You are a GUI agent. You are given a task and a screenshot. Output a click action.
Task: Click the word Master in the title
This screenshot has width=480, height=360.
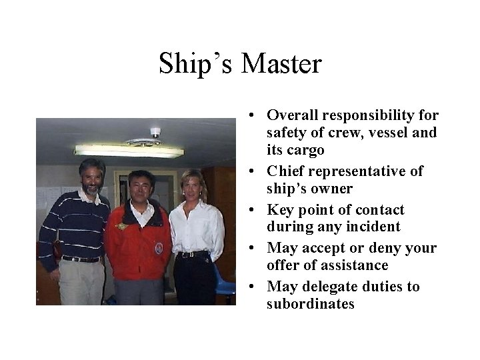coord(282,64)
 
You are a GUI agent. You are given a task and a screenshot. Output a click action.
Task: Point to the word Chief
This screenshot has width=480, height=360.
coord(287,171)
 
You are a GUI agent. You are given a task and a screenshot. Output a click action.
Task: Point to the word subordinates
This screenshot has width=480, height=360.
coord(311,304)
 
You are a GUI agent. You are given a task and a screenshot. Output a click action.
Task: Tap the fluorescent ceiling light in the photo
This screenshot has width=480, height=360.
coord(129,151)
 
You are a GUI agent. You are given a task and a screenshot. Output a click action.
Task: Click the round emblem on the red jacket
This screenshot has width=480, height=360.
coord(159,249)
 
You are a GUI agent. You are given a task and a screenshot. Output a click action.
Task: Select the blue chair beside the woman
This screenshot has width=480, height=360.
coord(226,280)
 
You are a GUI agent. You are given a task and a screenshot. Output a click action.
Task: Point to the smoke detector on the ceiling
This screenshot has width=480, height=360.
coord(155,131)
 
